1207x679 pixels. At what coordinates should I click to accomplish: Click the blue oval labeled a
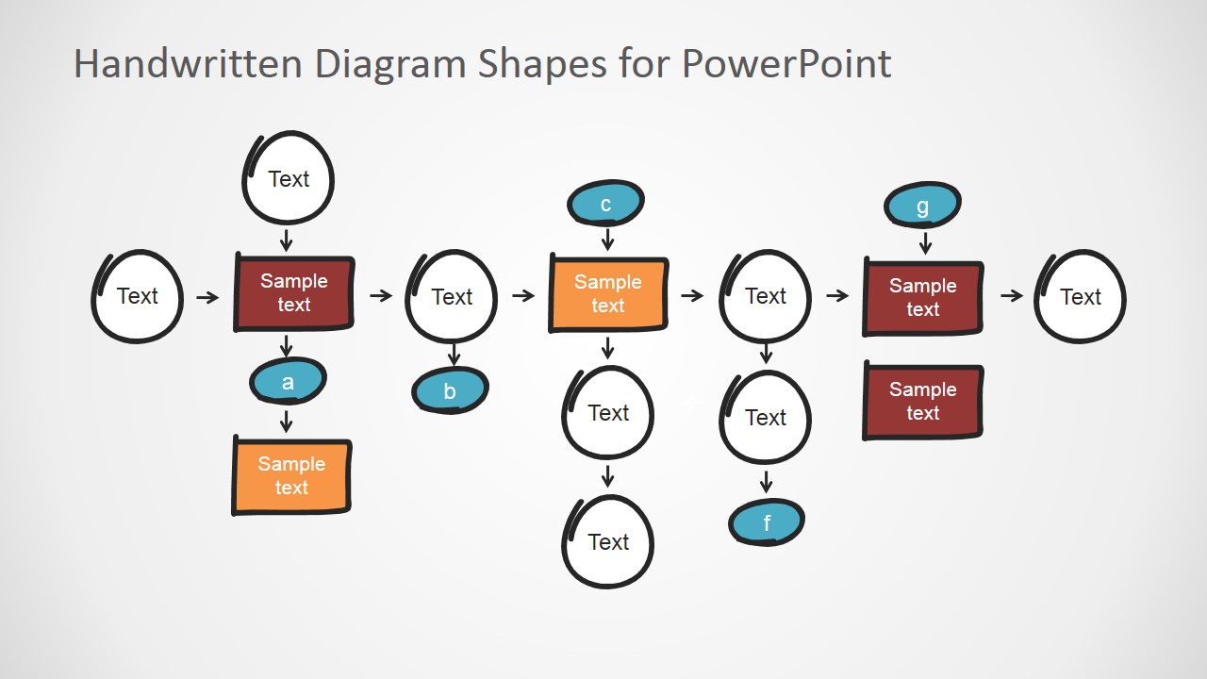pyautogui.click(x=288, y=382)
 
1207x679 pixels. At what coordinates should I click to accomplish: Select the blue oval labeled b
pyautogui.click(x=450, y=391)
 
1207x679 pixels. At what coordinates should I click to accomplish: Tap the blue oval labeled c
pyautogui.click(x=605, y=204)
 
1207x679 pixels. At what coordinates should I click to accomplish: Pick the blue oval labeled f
pyautogui.click(x=766, y=522)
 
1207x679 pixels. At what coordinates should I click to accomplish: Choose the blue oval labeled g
pyautogui.click(x=922, y=206)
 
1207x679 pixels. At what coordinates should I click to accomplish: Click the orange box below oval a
pyautogui.click(x=291, y=476)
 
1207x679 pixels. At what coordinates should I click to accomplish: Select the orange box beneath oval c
pyautogui.click(x=608, y=294)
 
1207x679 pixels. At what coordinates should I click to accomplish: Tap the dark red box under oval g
pyautogui.click(x=923, y=298)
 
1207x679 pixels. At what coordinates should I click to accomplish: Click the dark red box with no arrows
pyautogui.click(x=923, y=402)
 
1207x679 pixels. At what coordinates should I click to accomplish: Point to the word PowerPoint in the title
pyautogui.click(x=785, y=64)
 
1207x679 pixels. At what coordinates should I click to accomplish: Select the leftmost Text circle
pyautogui.click(x=138, y=296)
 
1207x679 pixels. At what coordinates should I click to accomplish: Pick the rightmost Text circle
pyautogui.click(x=1080, y=296)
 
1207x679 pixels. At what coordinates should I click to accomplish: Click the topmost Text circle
pyautogui.click(x=289, y=178)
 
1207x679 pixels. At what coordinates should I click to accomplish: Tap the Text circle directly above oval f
pyautogui.click(x=765, y=417)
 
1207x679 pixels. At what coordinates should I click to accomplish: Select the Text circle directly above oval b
pyautogui.click(x=452, y=296)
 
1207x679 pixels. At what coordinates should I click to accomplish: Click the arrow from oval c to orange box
pyautogui.click(x=607, y=240)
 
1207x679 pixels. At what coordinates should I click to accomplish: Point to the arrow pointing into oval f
pyautogui.click(x=766, y=483)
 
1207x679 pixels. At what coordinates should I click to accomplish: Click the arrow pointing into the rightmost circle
pyautogui.click(x=1012, y=296)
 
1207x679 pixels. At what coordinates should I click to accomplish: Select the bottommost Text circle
pyautogui.click(x=608, y=541)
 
